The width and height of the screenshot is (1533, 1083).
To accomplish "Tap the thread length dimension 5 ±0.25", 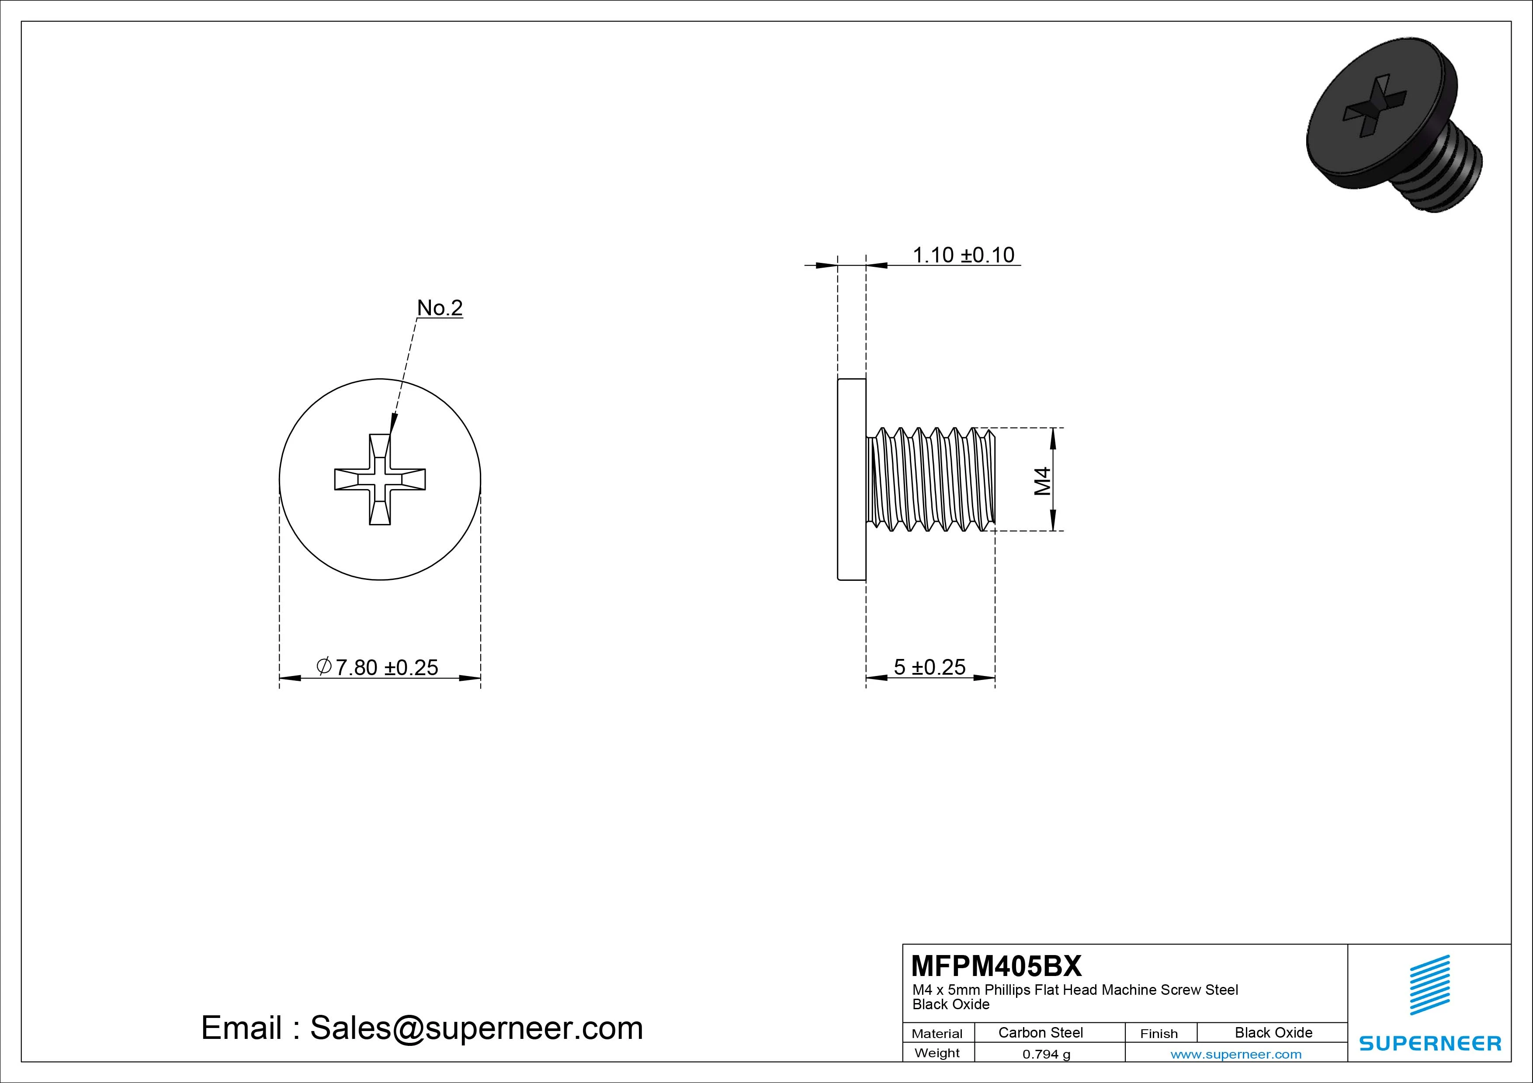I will pyautogui.click(x=930, y=667).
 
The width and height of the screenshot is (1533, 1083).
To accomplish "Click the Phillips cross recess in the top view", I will pyautogui.click(x=380, y=479).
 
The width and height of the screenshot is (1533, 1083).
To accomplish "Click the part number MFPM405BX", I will pyautogui.click(x=996, y=966).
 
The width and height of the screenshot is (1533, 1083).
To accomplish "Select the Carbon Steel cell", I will pyautogui.click(x=1040, y=1032).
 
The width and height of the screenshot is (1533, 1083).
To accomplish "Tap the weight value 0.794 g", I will pyautogui.click(x=1046, y=1054).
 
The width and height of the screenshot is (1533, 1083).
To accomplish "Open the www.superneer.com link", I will pyautogui.click(x=1236, y=1054).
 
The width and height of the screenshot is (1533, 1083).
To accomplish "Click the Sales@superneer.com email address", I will pyautogui.click(x=476, y=1028).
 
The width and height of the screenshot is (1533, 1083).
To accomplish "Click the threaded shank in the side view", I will pyautogui.click(x=931, y=479).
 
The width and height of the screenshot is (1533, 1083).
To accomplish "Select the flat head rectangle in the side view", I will pyautogui.click(x=851, y=479).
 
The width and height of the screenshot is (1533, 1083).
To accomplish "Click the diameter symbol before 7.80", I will pyautogui.click(x=324, y=666).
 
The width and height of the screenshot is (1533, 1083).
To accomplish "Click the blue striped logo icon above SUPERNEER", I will pyautogui.click(x=1429, y=985).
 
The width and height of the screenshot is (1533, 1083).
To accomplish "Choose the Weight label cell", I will pyautogui.click(x=937, y=1053).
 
